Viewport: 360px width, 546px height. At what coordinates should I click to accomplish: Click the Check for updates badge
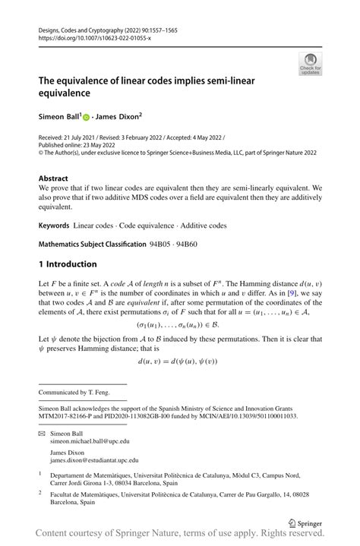tap(311, 65)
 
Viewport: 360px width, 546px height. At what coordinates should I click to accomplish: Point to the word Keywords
tap(54, 226)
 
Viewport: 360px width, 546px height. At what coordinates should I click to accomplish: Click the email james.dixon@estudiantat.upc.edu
tap(94, 460)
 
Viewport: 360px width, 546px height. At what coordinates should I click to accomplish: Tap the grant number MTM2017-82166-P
tap(70, 416)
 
